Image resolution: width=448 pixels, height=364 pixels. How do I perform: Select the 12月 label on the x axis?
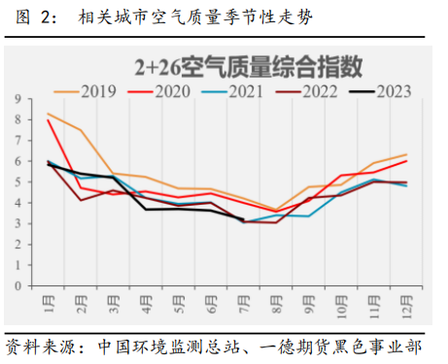click(x=405, y=310)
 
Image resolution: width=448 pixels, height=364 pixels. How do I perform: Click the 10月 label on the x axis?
click(x=340, y=310)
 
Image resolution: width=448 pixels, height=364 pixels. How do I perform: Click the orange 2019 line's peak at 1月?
click(x=49, y=114)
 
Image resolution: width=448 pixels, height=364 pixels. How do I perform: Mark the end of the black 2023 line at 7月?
click(x=243, y=222)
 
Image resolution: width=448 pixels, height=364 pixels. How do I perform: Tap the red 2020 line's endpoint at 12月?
click(x=406, y=161)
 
